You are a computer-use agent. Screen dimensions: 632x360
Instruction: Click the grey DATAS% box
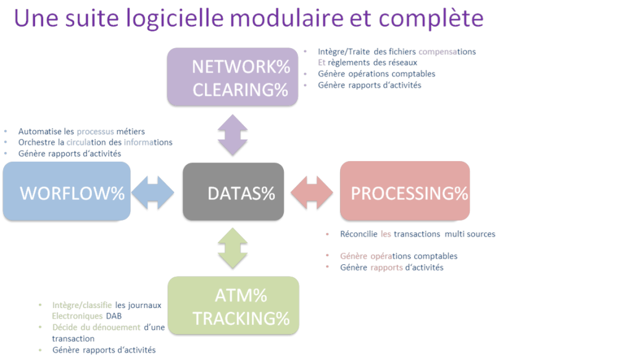tap(233, 191)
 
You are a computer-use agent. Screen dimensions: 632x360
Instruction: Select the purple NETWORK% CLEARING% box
tap(233, 77)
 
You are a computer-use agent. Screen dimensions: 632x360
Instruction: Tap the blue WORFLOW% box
tap(67, 191)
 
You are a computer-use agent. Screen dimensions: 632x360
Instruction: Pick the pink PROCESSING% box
tap(405, 191)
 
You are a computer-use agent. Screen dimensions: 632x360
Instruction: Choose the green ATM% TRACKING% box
tap(233, 305)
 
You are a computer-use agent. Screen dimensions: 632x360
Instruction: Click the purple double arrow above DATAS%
tap(233, 135)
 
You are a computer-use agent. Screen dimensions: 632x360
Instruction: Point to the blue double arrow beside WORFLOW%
tap(153, 193)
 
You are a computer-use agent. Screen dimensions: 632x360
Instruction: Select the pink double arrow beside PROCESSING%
tap(312, 193)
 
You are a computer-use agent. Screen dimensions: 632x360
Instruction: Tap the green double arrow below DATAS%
tap(233, 248)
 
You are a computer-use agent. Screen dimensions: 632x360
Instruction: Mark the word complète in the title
tap(431, 19)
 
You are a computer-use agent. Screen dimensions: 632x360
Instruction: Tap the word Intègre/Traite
tap(343, 52)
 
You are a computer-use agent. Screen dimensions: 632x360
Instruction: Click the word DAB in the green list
tap(114, 316)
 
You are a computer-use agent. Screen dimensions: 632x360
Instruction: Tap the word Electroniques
tap(77, 316)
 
